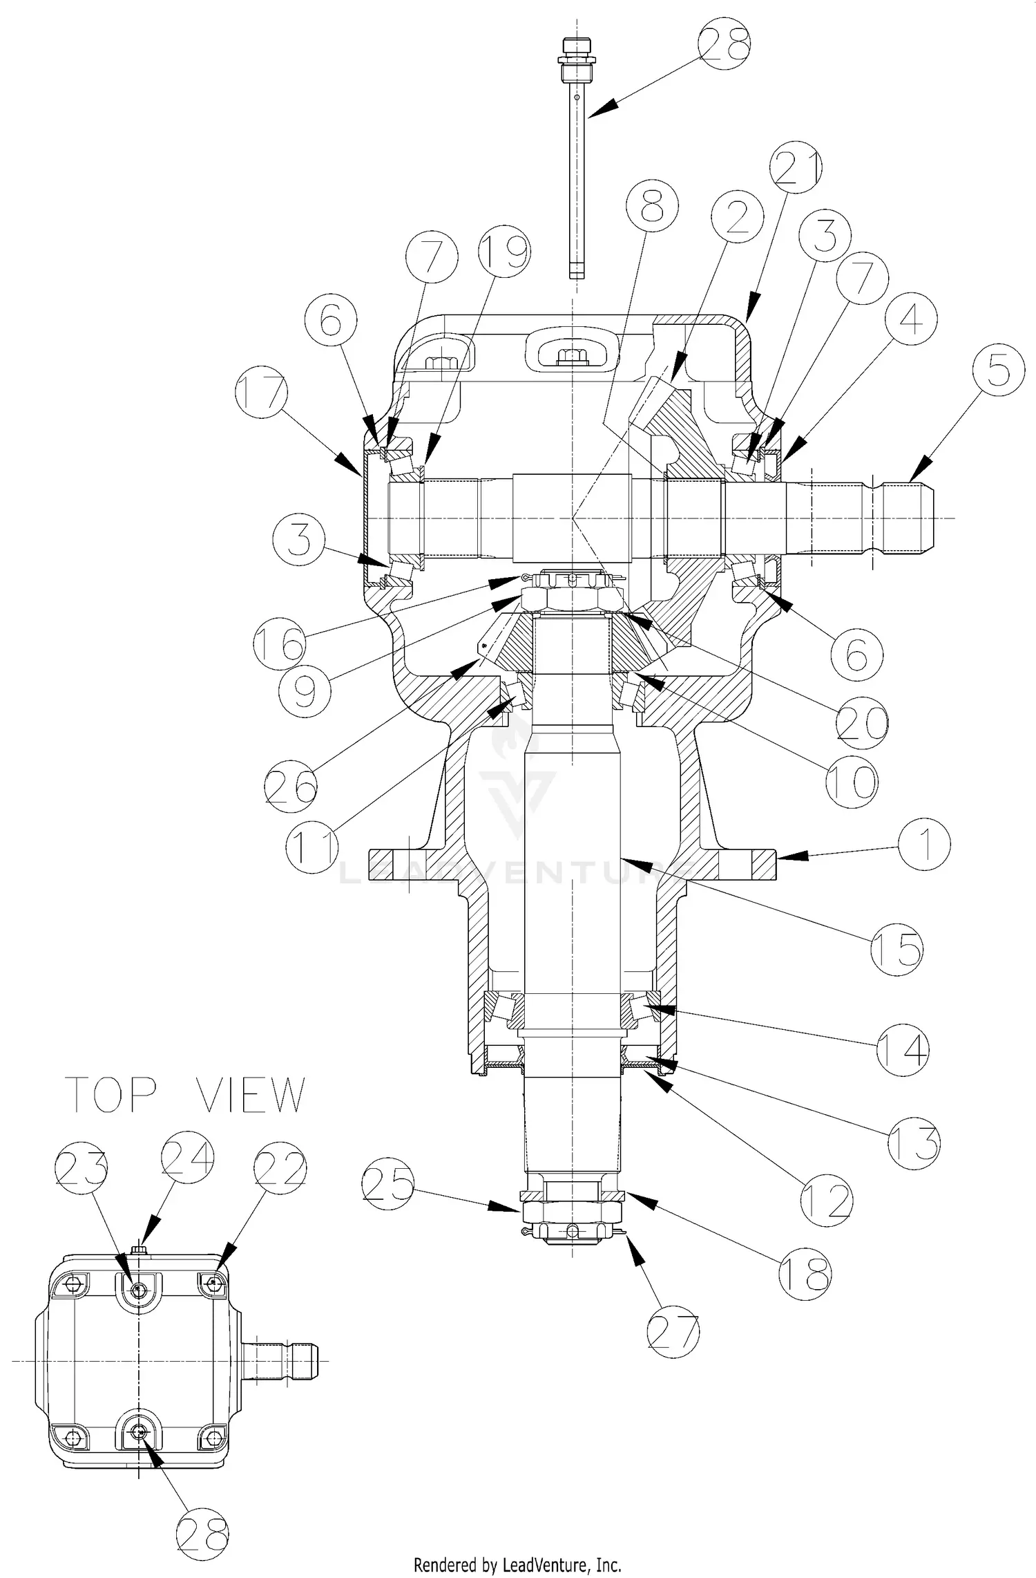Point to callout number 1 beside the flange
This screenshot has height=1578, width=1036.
(924, 843)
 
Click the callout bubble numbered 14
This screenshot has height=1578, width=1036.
(903, 1049)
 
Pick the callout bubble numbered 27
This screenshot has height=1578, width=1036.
(673, 1333)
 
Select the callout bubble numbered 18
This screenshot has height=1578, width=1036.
(805, 1272)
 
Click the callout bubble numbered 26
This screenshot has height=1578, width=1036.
(291, 785)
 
